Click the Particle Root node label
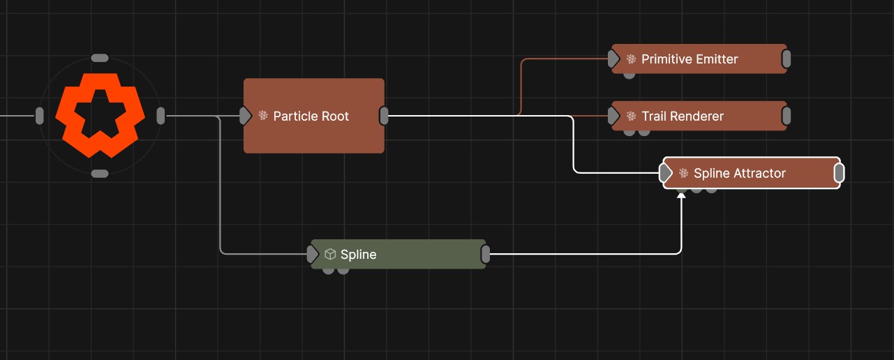(x=311, y=116)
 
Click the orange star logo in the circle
(x=100, y=115)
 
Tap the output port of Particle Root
(x=384, y=116)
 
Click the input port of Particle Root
(x=245, y=116)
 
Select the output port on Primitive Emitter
(x=786, y=59)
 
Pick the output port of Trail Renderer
(x=786, y=117)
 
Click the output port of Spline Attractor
(x=839, y=173)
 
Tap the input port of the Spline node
(x=313, y=255)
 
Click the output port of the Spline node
(x=486, y=255)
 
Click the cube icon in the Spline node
(x=330, y=255)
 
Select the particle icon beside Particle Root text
(x=263, y=116)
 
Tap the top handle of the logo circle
(x=100, y=58)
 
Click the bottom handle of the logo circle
(x=100, y=173)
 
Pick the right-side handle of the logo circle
(x=161, y=116)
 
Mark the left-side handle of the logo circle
(x=40, y=116)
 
